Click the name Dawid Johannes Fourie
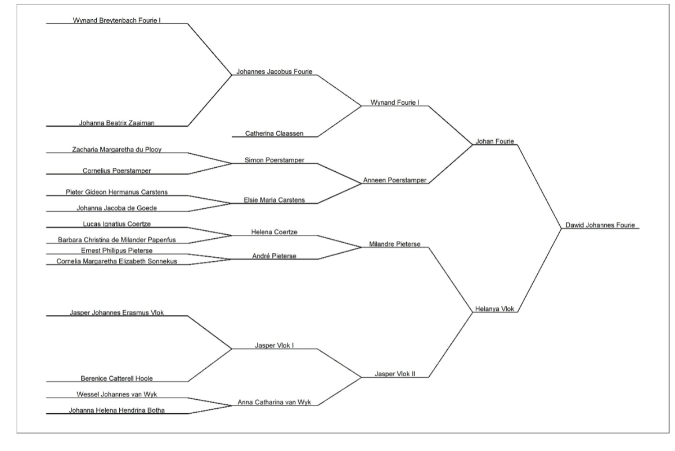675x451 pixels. tap(600, 225)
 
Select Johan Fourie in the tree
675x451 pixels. tap(494, 141)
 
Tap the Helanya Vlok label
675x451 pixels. tap(494, 309)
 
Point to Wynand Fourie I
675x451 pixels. tap(395, 102)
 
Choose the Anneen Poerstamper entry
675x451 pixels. tap(395, 180)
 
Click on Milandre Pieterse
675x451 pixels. tap(395, 244)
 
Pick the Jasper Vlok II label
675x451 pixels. tap(395, 374)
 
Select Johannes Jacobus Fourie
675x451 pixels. tap(274, 72)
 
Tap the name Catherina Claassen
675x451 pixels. tap(274, 133)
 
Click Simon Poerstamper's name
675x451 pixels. tap(274, 160)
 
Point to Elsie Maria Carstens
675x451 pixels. tap(274, 200)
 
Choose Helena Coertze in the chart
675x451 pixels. tap(274, 232)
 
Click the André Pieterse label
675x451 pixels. tap(274, 256)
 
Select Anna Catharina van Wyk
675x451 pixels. tap(274, 403)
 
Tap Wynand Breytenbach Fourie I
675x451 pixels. tap(117, 20)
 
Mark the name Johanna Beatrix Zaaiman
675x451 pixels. tap(117, 123)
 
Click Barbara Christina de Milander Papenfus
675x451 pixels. tap(117, 240)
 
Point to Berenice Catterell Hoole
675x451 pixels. tap(117, 378)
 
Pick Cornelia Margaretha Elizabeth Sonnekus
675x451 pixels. tap(117, 261)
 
